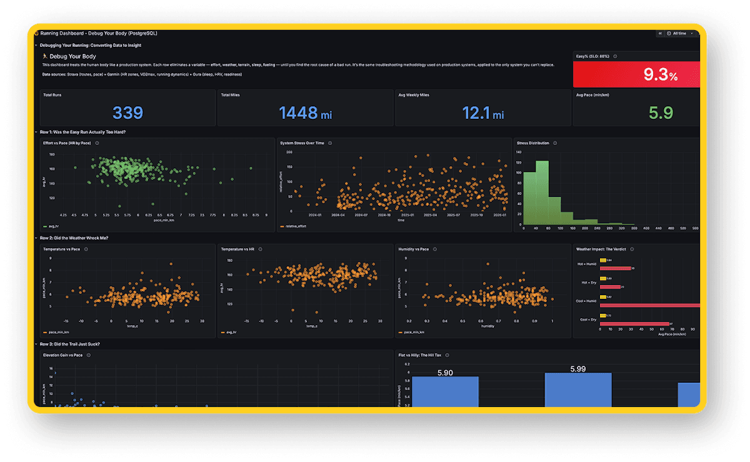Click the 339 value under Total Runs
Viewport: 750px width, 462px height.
(127, 113)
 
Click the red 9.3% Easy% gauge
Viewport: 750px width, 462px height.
(636, 75)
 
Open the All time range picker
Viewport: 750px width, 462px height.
(679, 33)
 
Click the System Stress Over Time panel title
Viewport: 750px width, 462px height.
(302, 143)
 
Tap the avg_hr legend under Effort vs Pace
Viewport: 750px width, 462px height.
(50, 226)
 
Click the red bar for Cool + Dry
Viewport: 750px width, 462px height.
(634, 324)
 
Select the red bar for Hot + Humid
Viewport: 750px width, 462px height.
(616, 268)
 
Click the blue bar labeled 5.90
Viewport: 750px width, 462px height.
(445, 391)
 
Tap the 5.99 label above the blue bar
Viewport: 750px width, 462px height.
(578, 369)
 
